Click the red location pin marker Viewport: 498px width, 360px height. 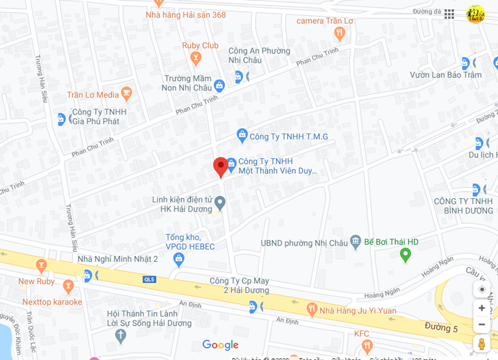pos(221,167)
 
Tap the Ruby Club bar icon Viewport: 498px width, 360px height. pos(196,59)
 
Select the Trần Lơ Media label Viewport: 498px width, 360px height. pos(93,95)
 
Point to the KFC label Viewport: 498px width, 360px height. pos(362,334)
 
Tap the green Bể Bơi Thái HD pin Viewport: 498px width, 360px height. pos(405,254)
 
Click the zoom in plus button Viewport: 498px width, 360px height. pos(481,308)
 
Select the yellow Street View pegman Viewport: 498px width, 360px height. pos(481,343)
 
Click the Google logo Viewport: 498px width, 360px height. pos(220,345)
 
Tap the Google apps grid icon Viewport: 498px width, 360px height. pos(449,14)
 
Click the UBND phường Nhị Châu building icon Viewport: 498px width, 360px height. pos(355,242)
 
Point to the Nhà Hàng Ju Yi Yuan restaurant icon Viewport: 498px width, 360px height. pos(311,310)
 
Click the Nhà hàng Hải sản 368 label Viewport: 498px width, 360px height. pos(186,15)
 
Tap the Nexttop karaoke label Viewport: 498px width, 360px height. pos(52,302)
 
